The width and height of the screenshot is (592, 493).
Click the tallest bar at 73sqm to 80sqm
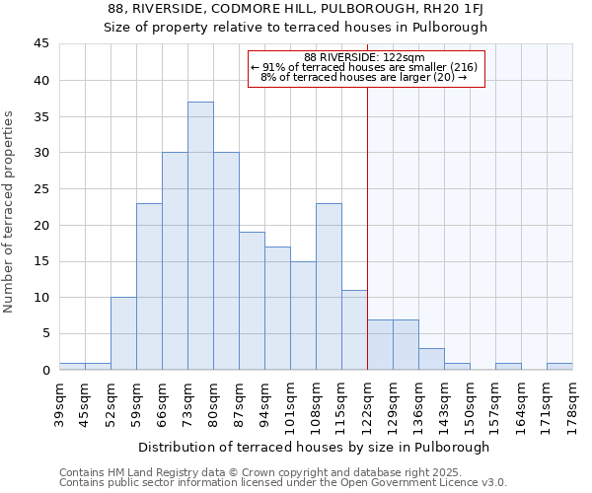200,236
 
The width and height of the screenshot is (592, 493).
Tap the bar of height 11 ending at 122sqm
354,329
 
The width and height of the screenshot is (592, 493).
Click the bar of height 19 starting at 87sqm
252,301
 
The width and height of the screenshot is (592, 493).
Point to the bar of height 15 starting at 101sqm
303,316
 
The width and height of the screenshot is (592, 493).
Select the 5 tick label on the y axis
45,334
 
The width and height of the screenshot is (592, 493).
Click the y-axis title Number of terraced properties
11,212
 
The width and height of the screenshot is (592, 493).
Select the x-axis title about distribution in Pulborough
314,447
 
